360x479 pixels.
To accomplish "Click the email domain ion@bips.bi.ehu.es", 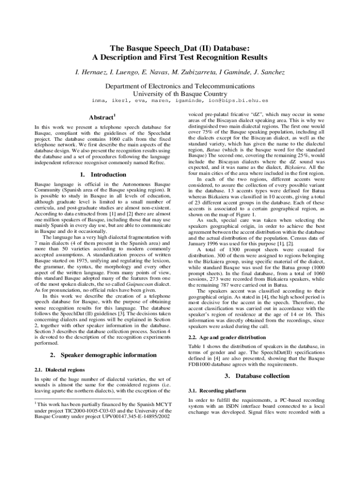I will pyautogui.click(x=238, y=100).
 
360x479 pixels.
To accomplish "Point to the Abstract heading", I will pyautogui.click(x=101, y=117).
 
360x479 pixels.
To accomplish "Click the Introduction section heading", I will pyautogui.click(x=108, y=174).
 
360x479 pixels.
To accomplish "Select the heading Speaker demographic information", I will pyautogui.click(x=108, y=355).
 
